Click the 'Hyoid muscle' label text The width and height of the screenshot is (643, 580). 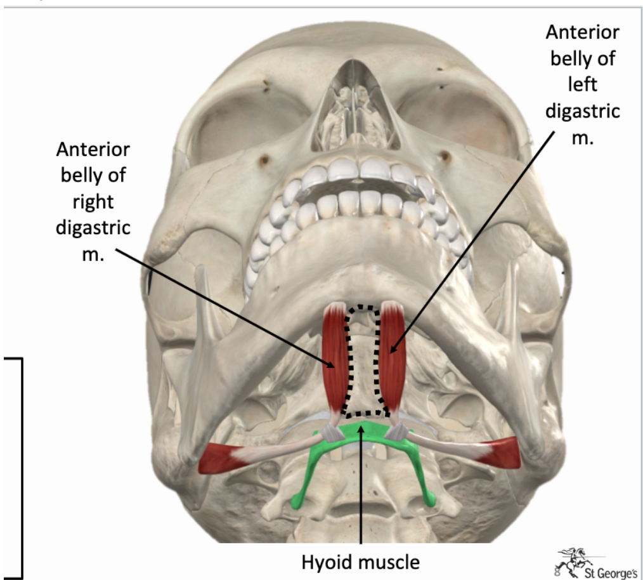click(x=361, y=561)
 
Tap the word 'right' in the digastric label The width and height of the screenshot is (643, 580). click(x=93, y=202)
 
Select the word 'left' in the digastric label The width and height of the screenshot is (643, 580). click(x=582, y=84)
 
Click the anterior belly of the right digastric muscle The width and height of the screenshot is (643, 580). click(x=334, y=355)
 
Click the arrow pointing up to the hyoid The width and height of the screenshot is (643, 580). click(x=361, y=489)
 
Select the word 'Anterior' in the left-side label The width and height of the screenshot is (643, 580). click(x=93, y=150)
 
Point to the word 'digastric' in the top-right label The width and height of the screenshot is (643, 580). click(x=582, y=111)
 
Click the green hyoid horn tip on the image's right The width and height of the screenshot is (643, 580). click(x=431, y=501)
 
